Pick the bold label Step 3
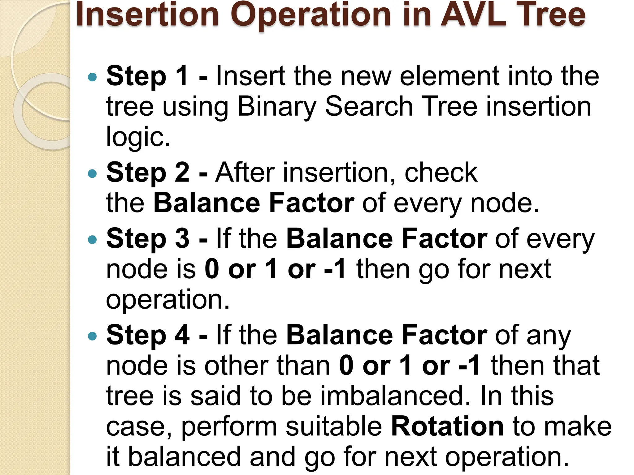coord(148,239)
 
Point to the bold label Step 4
coord(148,335)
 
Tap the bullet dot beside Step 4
coord(92,336)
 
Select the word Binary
coord(276,107)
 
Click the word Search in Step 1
coord(369,107)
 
